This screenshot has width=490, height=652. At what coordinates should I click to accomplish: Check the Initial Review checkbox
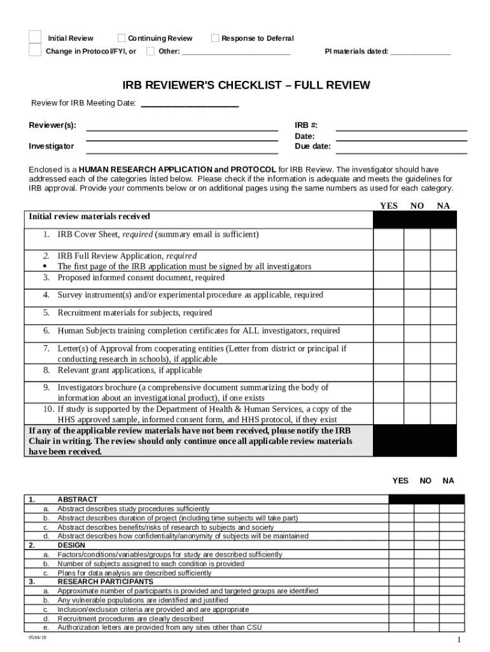(36, 38)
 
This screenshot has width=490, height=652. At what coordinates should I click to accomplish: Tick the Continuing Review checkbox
(122, 38)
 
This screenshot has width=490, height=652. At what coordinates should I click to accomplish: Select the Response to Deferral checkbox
(215, 38)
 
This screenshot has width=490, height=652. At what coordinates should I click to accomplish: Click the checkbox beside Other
(150, 51)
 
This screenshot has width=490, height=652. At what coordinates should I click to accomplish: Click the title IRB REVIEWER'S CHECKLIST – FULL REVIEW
(246, 86)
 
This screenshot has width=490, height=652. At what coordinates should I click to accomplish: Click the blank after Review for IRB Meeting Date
(189, 104)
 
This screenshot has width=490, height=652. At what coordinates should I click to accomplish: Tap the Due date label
(312, 146)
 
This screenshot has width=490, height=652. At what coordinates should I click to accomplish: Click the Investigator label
(51, 146)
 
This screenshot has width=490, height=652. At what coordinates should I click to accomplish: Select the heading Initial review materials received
(89, 217)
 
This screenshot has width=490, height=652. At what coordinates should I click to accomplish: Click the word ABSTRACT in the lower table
(78, 500)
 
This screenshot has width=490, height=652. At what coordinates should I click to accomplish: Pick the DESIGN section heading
(71, 545)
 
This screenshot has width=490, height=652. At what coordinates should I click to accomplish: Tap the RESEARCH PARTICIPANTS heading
(105, 581)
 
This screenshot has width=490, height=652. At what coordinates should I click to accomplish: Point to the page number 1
(458, 641)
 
